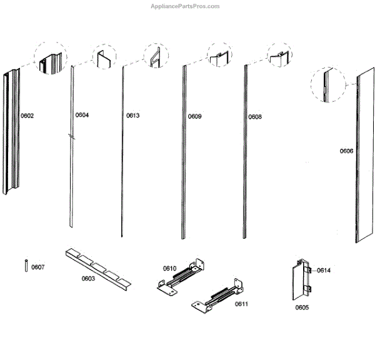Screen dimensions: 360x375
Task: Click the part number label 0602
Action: pos(27,115)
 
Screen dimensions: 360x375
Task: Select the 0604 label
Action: pos(82,115)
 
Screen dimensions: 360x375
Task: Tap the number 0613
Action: pos(132,116)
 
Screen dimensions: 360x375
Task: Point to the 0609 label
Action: pos(194,116)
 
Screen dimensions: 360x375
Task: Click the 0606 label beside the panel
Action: pos(346,151)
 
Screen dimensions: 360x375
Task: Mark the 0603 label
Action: pos(88,279)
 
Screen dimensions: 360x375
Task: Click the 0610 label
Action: pos(170,268)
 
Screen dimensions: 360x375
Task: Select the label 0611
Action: pos(241,304)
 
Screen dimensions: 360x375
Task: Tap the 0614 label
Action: pos(323,270)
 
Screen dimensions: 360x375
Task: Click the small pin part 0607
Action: pos(26,265)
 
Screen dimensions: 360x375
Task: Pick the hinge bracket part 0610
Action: pos(181,277)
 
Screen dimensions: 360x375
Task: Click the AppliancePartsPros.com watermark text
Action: pos(186,6)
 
